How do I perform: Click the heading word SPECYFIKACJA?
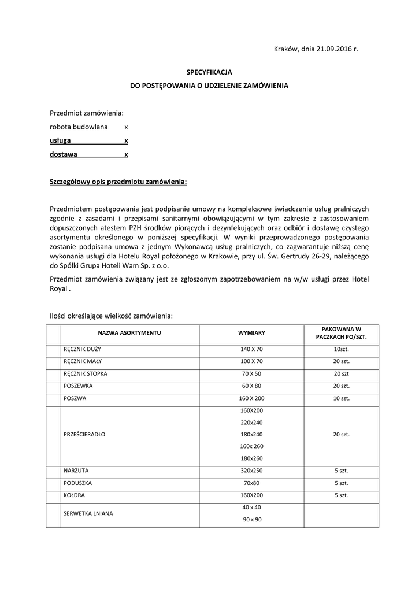pos(209,72)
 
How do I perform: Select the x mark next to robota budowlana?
pos(126,127)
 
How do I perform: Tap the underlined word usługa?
pos(61,140)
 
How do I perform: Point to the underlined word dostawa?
pos(64,154)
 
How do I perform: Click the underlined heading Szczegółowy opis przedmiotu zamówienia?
pos(118,182)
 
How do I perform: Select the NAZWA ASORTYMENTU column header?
pos(129,334)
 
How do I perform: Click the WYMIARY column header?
pos(251,334)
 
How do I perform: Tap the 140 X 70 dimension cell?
pos(251,349)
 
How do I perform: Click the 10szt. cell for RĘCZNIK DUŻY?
pos(341,349)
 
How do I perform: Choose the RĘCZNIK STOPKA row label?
pos(86,373)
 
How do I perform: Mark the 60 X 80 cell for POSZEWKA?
pos(251,386)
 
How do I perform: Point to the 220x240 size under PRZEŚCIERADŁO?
pos(251,422)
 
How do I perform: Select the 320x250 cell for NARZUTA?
pos(251,471)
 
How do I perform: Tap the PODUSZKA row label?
pos(78,483)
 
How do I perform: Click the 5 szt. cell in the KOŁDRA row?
pos(341,495)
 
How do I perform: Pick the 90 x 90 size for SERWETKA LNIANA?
pos(251,519)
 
